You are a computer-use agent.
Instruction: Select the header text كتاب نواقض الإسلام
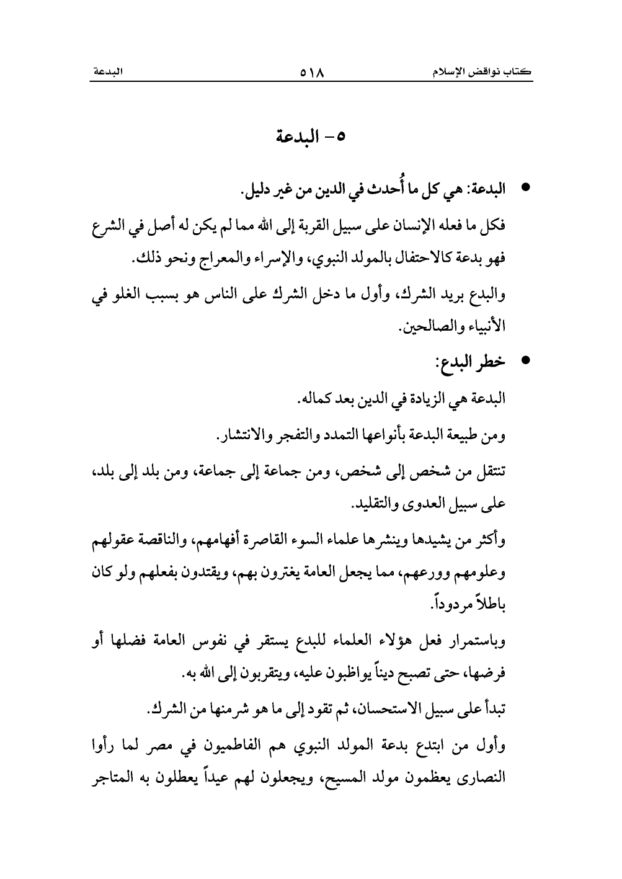point(484,73)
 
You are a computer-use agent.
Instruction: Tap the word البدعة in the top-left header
point(107,73)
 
